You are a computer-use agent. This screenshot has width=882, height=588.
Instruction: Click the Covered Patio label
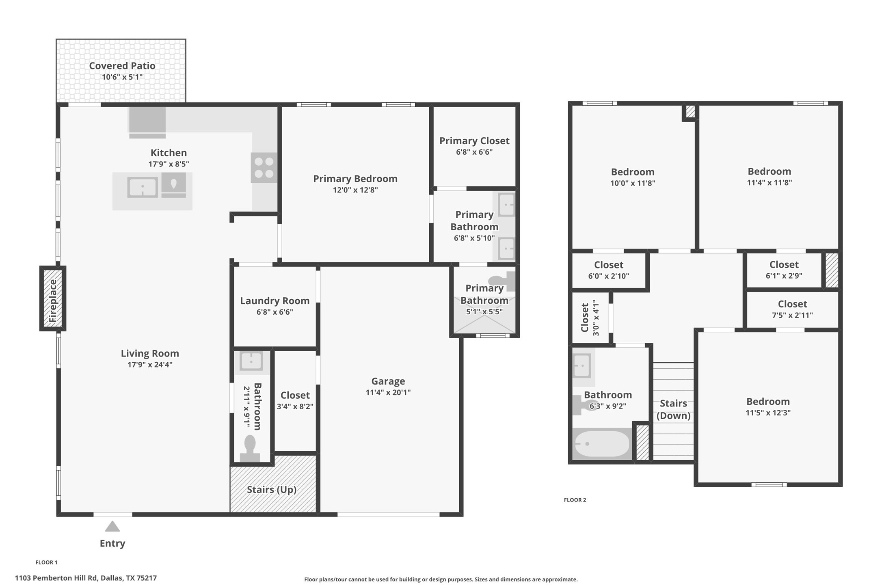pyautogui.click(x=122, y=66)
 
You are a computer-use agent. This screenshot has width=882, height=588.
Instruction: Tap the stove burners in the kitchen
pyautogui.click(x=264, y=168)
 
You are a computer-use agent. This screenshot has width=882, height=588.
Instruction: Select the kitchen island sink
pyautogui.click(x=143, y=188)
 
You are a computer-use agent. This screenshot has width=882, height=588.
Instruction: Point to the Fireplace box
pyautogui.click(x=53, y=298)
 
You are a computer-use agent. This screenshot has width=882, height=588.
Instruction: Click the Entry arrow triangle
pyautogui.click(x=112, y=527)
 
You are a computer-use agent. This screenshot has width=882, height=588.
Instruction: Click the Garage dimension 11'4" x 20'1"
pyautogui.click(x=388, y=392)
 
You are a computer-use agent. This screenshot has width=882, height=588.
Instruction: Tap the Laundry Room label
pyautogui.click(x=275, y=301)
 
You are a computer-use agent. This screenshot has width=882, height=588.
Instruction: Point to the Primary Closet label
pyautogui.click(x=474, y=141)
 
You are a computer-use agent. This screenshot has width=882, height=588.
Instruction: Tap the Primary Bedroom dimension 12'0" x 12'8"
pyautogui.click(x=355, y=190)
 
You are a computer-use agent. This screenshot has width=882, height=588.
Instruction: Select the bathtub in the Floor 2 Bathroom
pyautogui.click(x=601, y=444)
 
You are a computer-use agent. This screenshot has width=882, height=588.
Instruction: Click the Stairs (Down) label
pyautogui.click(x=673, y=409)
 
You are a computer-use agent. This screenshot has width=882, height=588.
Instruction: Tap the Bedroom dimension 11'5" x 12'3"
pyautogui.click(x=768, y=413)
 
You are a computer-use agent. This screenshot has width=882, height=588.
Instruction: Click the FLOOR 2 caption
pyautogui.click(x=575, y=500)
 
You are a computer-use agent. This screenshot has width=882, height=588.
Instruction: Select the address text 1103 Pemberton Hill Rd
pyautogui.click(x=86, y=578)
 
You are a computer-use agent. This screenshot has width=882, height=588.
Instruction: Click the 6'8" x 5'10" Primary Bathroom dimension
pyautogui.click(x=474, y=238)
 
